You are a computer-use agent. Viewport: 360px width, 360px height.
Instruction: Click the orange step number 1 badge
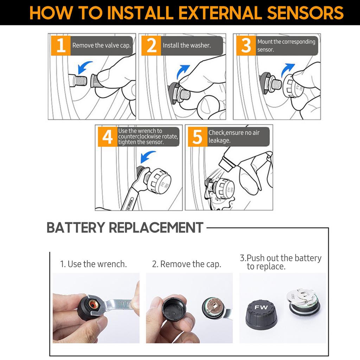61,46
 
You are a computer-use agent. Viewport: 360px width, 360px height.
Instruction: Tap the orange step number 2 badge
151,46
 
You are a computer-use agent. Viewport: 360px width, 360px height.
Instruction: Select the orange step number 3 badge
246,46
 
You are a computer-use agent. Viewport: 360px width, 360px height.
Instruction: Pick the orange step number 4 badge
107,137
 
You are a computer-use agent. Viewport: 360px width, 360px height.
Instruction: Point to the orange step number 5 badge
198,137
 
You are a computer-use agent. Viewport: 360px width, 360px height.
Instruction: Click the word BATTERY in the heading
75,227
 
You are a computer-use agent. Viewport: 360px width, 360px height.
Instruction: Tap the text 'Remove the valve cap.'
101,45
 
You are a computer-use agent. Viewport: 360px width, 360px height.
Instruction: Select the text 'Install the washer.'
187,45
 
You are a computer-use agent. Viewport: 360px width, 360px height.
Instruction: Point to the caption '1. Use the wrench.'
94,264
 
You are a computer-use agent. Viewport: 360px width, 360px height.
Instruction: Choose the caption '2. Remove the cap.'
187,264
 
